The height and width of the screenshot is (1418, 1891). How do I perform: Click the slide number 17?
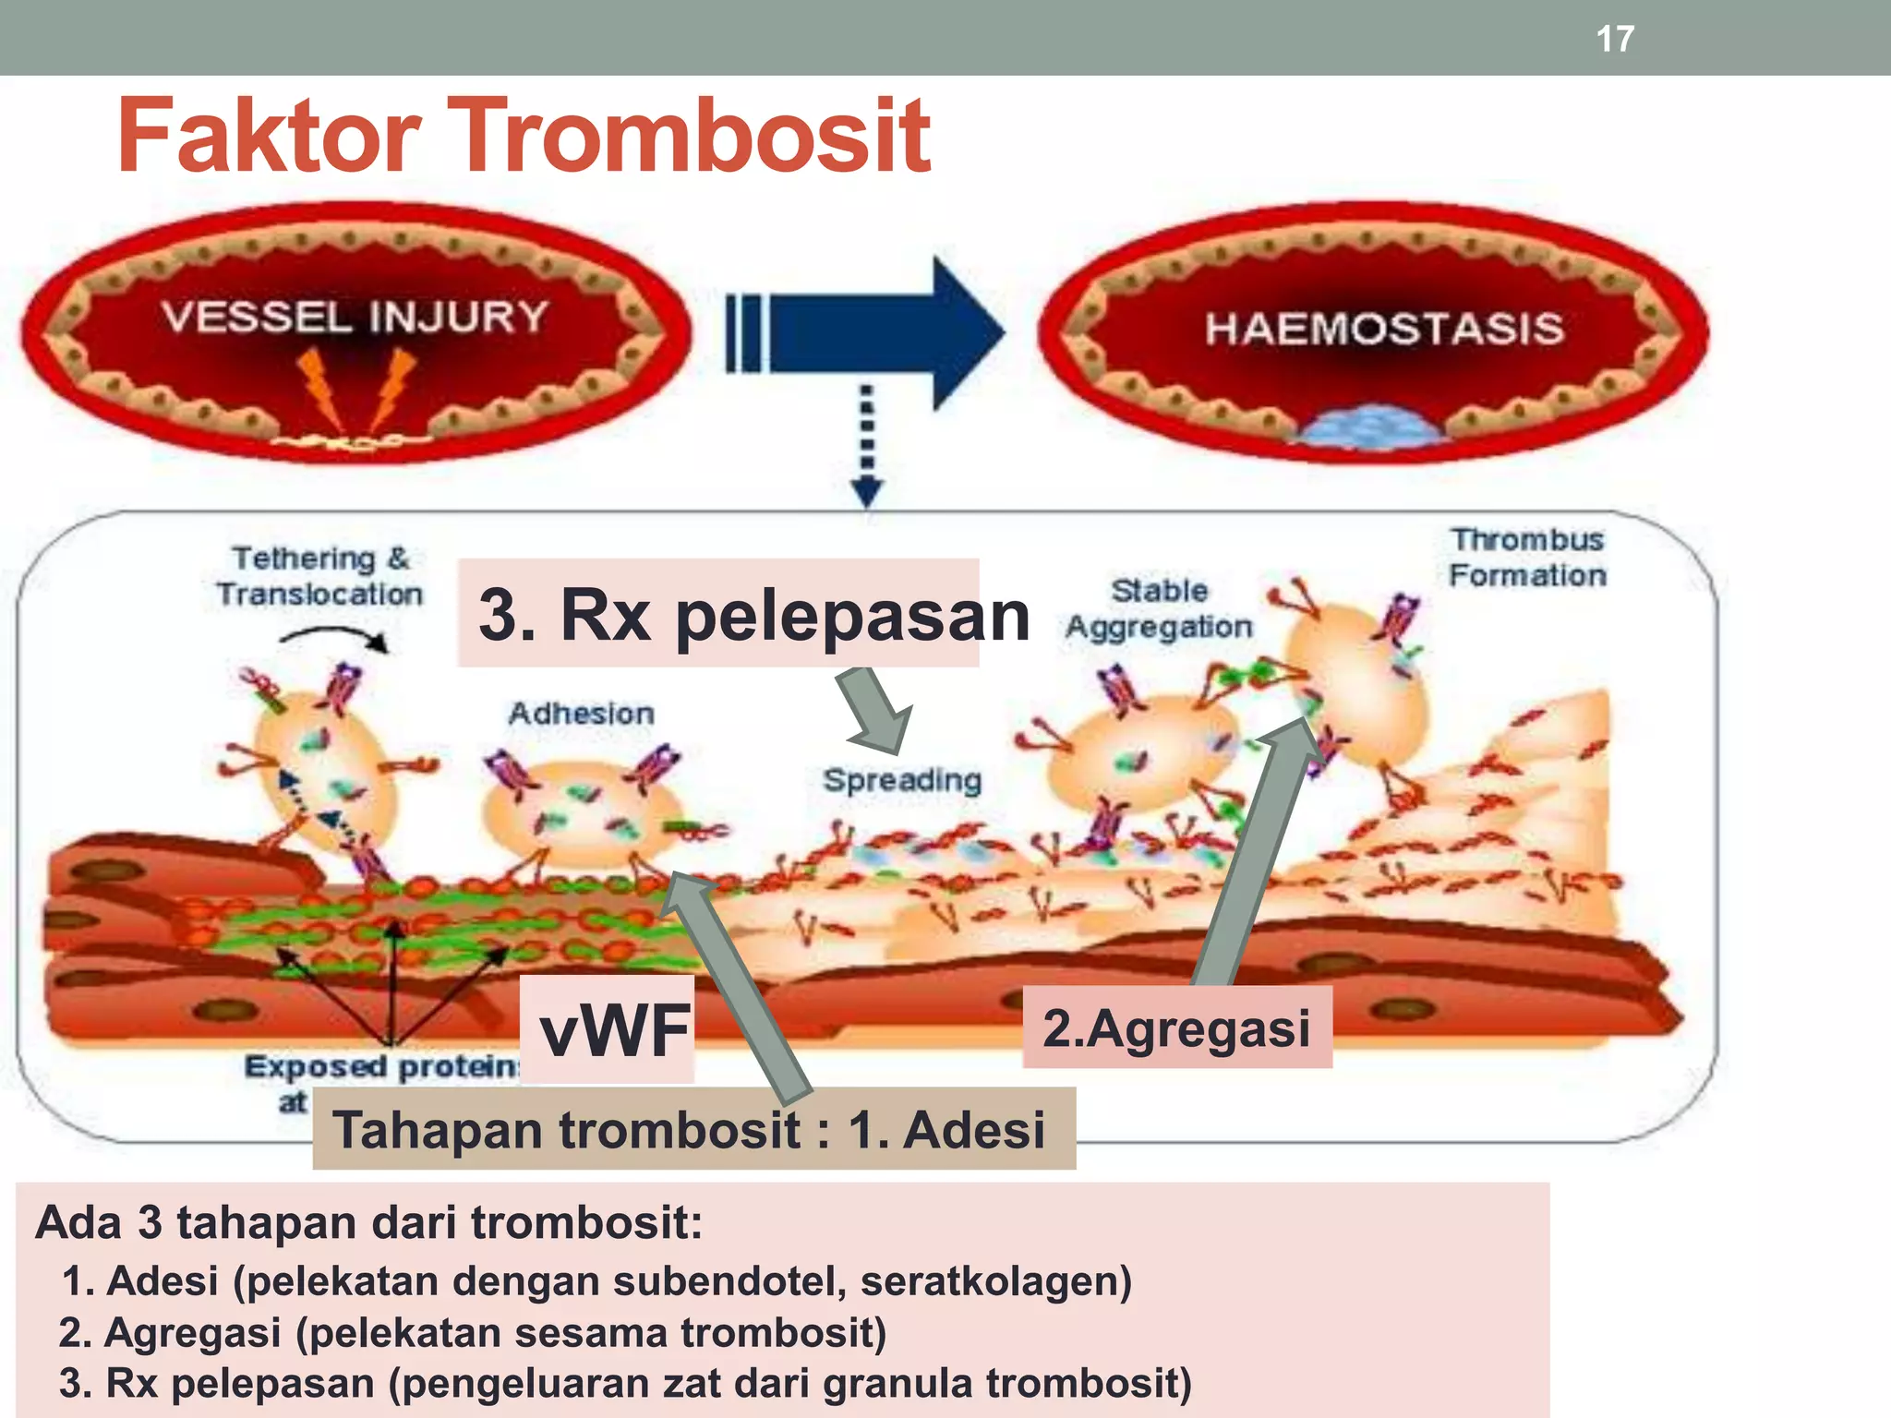[1614, 39]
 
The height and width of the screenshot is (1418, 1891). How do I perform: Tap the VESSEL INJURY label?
[355, 317]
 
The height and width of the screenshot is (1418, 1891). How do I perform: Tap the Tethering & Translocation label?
[319, 575]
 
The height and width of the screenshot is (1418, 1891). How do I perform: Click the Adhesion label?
[581, 713]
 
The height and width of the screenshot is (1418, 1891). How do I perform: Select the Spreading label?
[901, 780]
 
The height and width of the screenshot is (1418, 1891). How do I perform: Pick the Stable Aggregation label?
[1159, 608]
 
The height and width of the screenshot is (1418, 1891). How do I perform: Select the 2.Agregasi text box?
[1176, 1027]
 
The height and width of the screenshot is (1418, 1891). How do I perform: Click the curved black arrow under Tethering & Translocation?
[334, 636]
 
